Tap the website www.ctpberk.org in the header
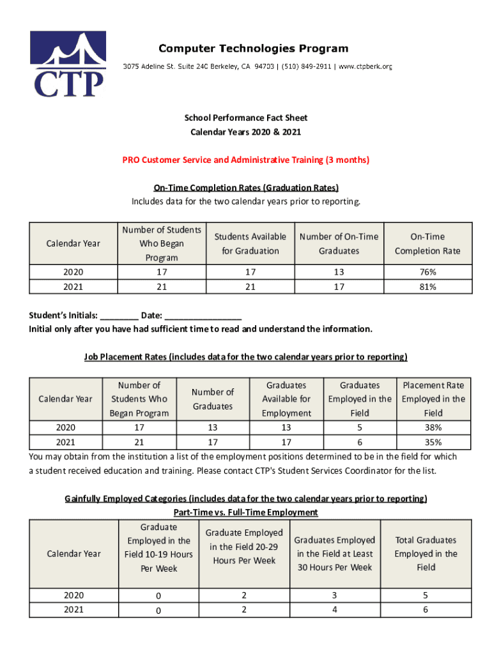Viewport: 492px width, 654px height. (x=365, y=66)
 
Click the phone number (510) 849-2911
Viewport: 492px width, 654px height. (x=306, y=66)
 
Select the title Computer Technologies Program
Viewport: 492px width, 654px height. (x=253, y=49)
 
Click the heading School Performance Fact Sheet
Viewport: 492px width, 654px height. (x=246, y=118)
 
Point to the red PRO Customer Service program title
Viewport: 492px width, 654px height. (x=246, y=160)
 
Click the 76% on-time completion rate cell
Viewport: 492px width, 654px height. (x=427, y=273)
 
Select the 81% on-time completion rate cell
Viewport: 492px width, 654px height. (x=427, y=287)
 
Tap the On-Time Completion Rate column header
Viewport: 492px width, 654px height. (x=427, y=244)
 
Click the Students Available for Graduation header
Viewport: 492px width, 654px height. (x=250, y=244)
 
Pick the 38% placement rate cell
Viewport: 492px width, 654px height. (x=433, y=428)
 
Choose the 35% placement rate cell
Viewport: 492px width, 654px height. (x=433, y=442)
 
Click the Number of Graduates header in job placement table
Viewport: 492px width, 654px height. (x=213, y=399)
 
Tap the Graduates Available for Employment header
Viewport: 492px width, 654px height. (x=287, y=399)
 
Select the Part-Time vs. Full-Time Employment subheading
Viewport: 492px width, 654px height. (x=246, y=512)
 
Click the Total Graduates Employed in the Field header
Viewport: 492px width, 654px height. (x=426, y=554)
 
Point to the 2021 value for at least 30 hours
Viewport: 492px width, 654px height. (x=335, y=610)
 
